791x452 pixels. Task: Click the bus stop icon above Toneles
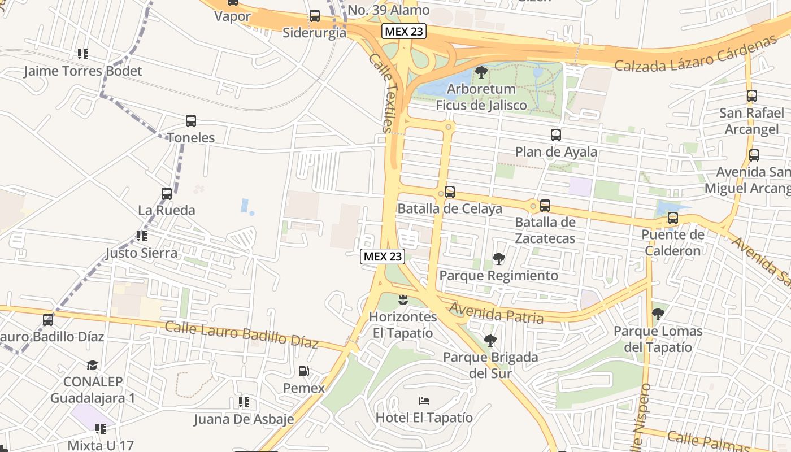click(x=191, y=121)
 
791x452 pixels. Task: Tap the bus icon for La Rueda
click(x=167, y=194)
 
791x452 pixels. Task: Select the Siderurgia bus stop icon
click(x=315, y=16)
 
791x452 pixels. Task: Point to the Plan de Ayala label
click(x=556, y=151)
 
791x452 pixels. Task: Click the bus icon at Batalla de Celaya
click(x=450, y=192)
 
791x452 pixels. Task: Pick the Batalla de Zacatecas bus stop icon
click(x=545, y=206)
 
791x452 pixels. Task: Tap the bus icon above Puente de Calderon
click(x=672, y=218)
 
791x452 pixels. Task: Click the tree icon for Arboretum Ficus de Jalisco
click(x=481, y=72)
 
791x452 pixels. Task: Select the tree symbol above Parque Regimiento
click(x=498, y=259)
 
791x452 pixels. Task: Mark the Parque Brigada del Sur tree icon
click(x=490, y=341)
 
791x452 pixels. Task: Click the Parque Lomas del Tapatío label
click(x=658, y=339)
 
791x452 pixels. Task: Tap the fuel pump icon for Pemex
click(x=304, y=371)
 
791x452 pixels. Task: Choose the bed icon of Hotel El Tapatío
click(x=424, y=401)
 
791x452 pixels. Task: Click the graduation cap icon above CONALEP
click(x=93, y=365)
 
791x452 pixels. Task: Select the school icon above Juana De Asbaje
click(x=244, y=402)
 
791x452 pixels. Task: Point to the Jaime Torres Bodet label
click(x=83, y=71)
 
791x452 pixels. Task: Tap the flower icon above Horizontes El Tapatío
click(x=403, y=300)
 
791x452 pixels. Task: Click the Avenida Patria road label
click(x=497, y=312)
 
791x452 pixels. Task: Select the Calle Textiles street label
click(x=380, y=93)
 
